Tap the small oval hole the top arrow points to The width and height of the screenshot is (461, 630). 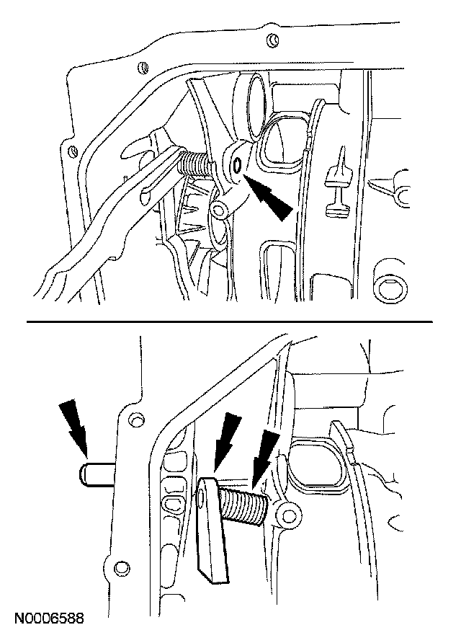click(237, 167)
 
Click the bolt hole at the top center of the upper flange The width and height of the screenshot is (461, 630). click(271, 38)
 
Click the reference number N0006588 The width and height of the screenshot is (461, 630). click(48, 618)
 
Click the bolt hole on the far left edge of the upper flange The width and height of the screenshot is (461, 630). click(71, 151)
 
